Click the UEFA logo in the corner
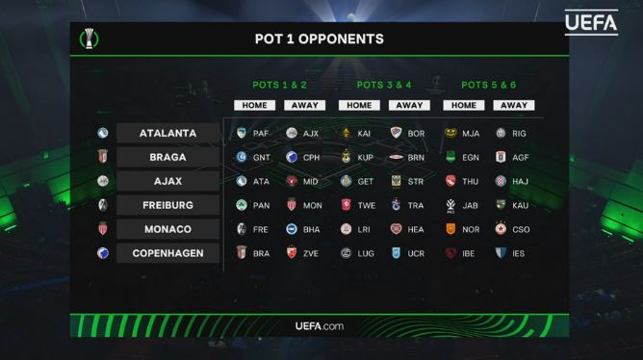[591, 23]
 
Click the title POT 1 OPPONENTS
[320, 39]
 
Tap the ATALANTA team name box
[167, 133]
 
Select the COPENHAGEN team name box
[167, 253]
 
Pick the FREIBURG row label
[167, 205]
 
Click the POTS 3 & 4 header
[384, 85]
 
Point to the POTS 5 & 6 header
[488, 85]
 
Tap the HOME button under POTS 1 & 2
[255, 105]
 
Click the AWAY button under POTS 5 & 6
[514, 105]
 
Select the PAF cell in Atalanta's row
[252, 133]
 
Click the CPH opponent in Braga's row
[302, 158]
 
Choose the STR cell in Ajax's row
[407, 181]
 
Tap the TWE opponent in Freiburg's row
[358, 205]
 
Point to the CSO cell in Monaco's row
[513, 229]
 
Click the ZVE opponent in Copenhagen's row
[302, 253]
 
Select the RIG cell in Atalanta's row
[511, 133]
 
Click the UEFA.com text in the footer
[320, 326]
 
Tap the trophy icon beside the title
[89, 39]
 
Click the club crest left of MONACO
[103, 229]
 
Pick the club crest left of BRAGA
[103, 157]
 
